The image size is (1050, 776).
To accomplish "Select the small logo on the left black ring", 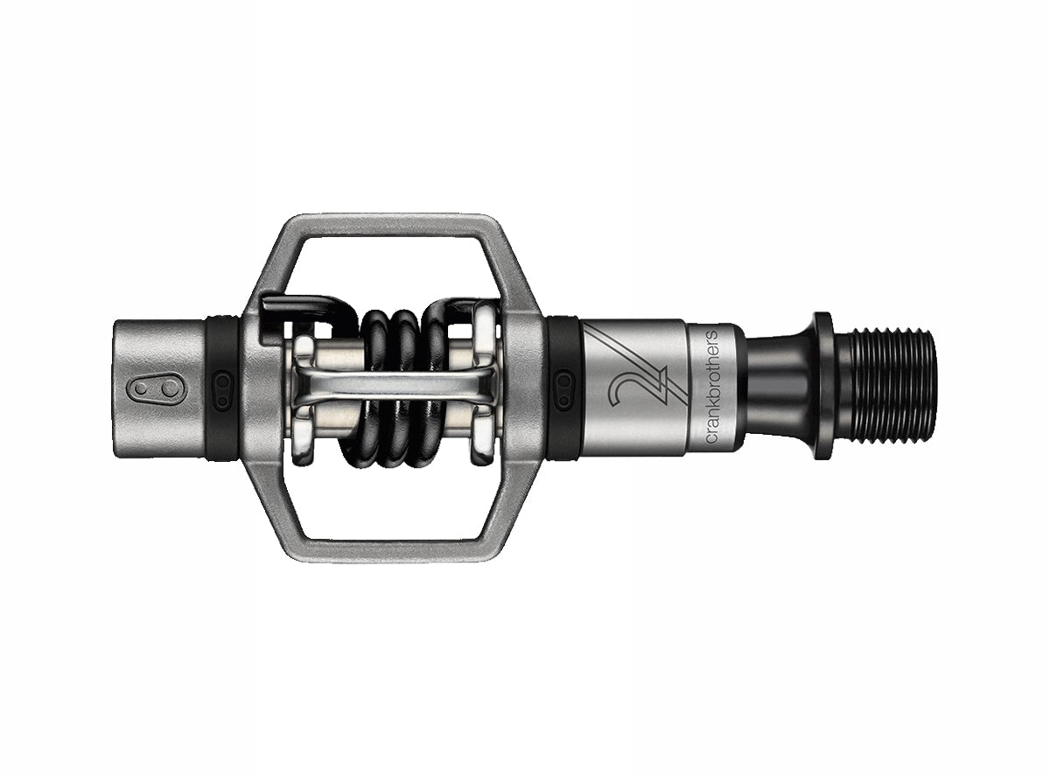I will click(222, 387).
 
